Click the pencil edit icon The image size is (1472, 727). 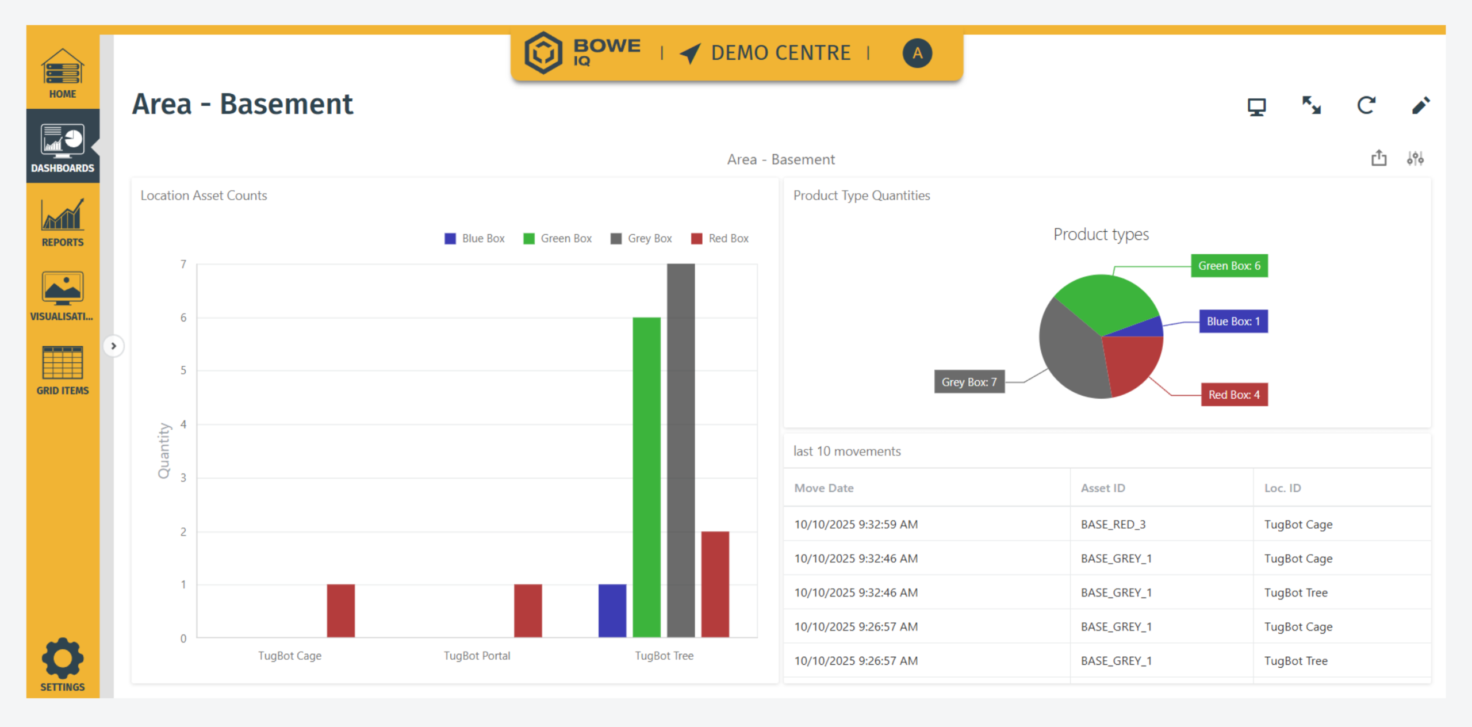(x=1420, y=106)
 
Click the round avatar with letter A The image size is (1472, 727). (x=917, y=53)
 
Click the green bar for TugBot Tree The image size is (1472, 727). (x=646, y=477)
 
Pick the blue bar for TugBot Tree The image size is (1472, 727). (x=612, y=610)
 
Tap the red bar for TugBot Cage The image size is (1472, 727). (x=340, y=610)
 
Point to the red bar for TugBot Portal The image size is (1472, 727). (x=528, y=610)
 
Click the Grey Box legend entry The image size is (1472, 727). (x=641, y=239)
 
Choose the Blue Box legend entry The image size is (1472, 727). (x=475, y=239)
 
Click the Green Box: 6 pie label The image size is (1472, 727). (x=1229, y=266)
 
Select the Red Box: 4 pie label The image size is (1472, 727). (x=1234, y=395)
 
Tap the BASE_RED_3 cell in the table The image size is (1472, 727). (x=1113, y=525)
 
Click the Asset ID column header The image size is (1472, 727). (x=1103, y=488)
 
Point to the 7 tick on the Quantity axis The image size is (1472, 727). (x=183, y=265)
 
